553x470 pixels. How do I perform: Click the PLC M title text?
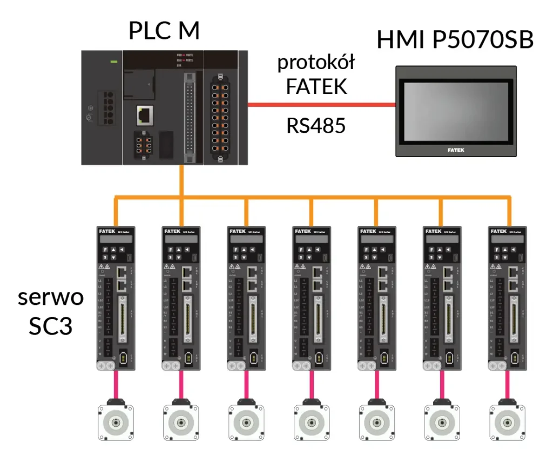coord(164,31)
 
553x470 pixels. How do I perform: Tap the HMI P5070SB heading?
coord(455,40)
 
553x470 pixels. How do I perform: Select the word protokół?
coord(316,63)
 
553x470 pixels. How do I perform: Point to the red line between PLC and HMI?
coord(321,104)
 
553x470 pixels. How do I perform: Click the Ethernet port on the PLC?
coord(145,114)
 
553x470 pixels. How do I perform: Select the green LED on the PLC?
coord(114,62)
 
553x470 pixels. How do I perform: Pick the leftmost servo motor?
coord(115,422)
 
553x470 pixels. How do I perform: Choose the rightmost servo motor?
coord(507,422)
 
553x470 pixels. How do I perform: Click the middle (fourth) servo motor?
coord(311,422)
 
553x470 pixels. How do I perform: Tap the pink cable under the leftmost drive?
coord(115,384)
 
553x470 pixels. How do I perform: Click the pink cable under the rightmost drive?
coord(507,384)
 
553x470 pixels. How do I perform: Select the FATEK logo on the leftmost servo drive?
coord(107,231)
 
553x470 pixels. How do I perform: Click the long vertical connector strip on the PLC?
coord(189,119)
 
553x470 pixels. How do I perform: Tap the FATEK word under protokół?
coord(316,86)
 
